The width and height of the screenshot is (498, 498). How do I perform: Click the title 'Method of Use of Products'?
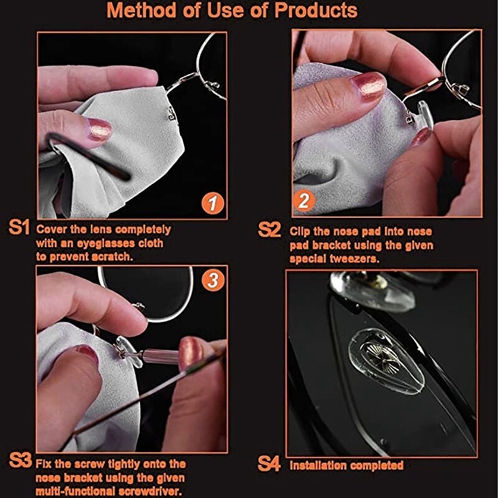[232, 11]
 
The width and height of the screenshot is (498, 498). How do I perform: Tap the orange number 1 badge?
[212, 204]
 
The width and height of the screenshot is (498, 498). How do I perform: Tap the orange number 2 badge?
[304, 200]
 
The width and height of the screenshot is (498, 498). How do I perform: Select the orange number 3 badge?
[213, 281]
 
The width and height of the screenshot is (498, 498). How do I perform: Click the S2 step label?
[270, 230]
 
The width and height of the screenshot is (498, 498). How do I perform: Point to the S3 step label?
[20, 461]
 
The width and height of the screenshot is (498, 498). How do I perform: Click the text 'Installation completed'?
[347, 465]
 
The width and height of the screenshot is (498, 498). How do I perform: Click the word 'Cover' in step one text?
[54, 229]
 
